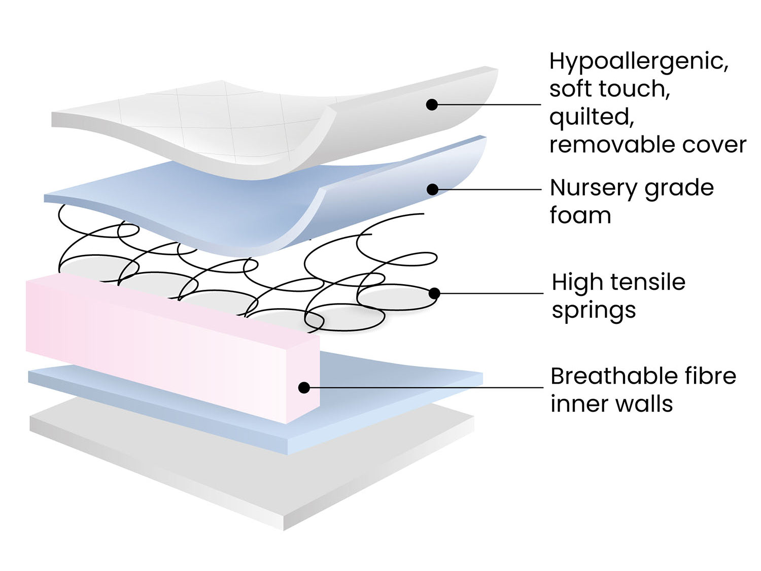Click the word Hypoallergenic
click(639, 62)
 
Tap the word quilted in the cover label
click(592, 117)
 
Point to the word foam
click(580, 215)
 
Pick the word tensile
click(648, 282)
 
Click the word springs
click(594, 310)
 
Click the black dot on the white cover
click(432, 105)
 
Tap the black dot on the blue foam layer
click(432, 189)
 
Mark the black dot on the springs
click(434, 293)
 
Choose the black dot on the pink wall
click(304, 388)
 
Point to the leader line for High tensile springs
click(492, 293)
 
